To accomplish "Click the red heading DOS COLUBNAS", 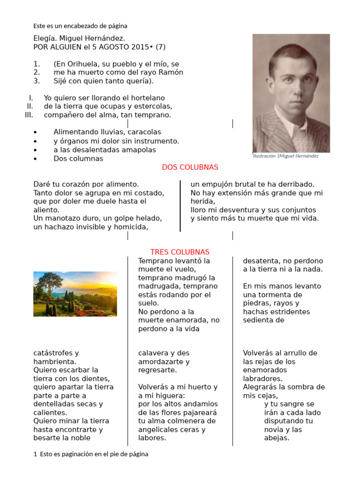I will click(x=190, y=167).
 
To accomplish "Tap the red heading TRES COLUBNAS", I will click(x=180, y=252).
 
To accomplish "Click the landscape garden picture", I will click(x=75, y=294).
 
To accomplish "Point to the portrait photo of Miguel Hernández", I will click(x=291, y=93).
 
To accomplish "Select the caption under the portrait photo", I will click(x=285, y=156).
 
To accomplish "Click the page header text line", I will click(x=80, y=26).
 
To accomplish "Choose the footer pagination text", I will click(x=91, y=454).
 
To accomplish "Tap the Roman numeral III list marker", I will click(x=29, y=115).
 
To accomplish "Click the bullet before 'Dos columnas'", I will click(x=36, y=159).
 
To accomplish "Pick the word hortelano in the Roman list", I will click(x=146, y=98).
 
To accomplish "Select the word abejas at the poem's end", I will click(x=276, y=438).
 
